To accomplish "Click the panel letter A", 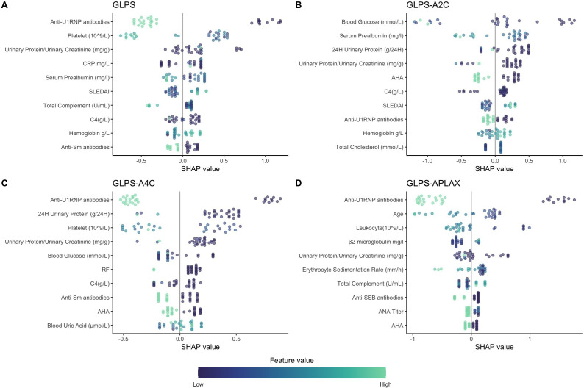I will click(5, 5).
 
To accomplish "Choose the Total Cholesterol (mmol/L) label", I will click(367, 148).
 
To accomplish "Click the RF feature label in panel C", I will click(106, 269).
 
